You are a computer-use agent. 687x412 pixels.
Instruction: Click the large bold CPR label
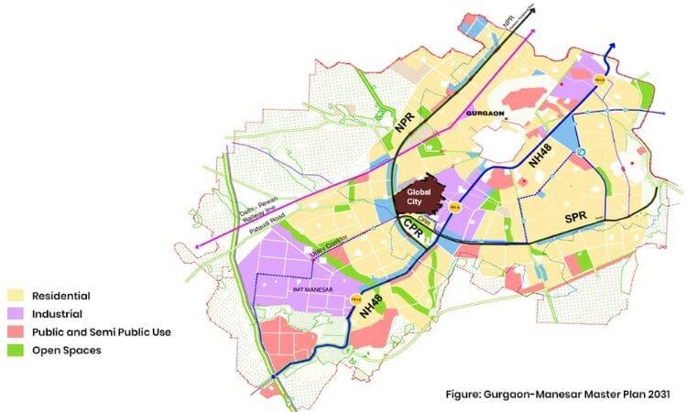tap(411, 225)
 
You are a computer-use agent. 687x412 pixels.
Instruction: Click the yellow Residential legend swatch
tap(16, 296)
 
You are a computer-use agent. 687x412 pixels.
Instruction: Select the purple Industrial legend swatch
tap(16, 314)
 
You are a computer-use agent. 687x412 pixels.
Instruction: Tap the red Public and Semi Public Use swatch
tap(16, 332)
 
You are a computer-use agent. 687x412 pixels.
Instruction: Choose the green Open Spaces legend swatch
tap(16, 351)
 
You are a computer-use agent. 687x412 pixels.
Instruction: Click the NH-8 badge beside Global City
tap(454, 207)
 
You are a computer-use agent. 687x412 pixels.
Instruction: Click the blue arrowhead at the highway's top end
tap(613, 47)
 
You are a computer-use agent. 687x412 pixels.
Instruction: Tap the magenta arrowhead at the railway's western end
tap(193, 247)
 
